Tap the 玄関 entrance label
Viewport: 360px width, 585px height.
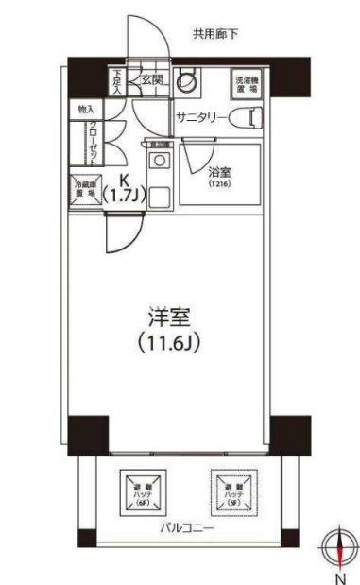pyautogui.click(x=154, y=79)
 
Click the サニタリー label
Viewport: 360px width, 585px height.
pyautogui.click(x=199, y=118)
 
